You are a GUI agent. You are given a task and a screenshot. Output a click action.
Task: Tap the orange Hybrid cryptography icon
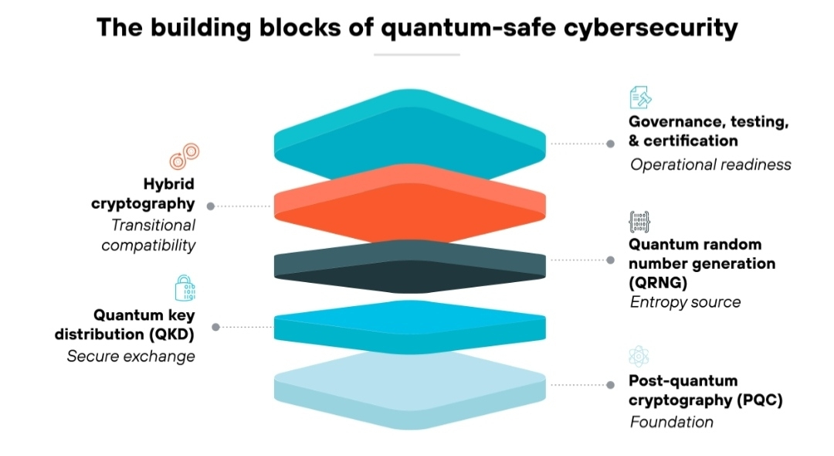pyautogui.click(x=185, y=156)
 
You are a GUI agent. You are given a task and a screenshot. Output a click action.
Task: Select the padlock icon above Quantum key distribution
pyautogui.click(x=185, y=288)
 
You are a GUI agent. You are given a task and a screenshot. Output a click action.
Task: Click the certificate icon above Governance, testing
pyautogui.click(x=640, y=98)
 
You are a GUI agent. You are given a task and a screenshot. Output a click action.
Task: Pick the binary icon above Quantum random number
pyautogui.click(x=639, y=222)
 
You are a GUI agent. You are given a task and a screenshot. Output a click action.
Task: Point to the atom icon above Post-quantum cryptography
pyautogui.click(x=639, y=356)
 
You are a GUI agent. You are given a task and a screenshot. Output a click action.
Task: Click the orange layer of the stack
pyautogui.click(x=410, y=202)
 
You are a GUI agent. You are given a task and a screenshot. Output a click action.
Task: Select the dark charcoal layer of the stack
pyautogui.click(x=410, y=267)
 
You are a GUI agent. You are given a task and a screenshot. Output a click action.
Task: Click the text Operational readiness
pyautogui.click(x=710, y=165)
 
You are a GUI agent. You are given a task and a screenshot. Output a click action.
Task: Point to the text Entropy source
pyautogui.click(x=685, y=302)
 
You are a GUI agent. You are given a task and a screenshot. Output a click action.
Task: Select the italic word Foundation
pyautogui.click(x=671, y=422)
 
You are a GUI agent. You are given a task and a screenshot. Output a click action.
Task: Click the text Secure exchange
pyautogui.click(x=131, y=356)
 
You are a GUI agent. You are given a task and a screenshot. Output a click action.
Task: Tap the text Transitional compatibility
pyautogui.click(x=149, y=235)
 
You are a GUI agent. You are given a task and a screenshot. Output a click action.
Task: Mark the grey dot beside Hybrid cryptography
pyautogui.click(x=211, y=206)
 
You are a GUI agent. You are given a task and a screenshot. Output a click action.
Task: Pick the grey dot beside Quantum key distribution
pyautogui.click(x=215, y=327)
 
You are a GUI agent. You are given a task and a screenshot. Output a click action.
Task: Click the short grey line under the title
pyautogui.click(x=416, y=55)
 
